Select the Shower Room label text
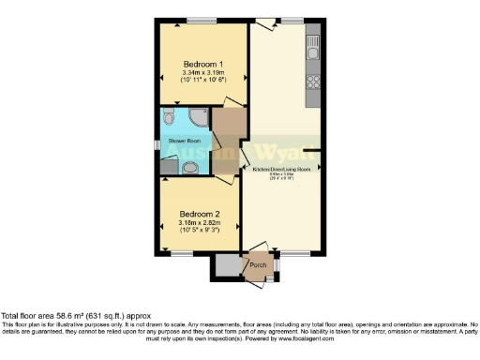point(184,142)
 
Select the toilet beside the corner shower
point(169,117)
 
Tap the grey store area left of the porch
point(226,266)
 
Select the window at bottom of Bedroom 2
point(182,252)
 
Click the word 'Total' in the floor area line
point(11,317)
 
